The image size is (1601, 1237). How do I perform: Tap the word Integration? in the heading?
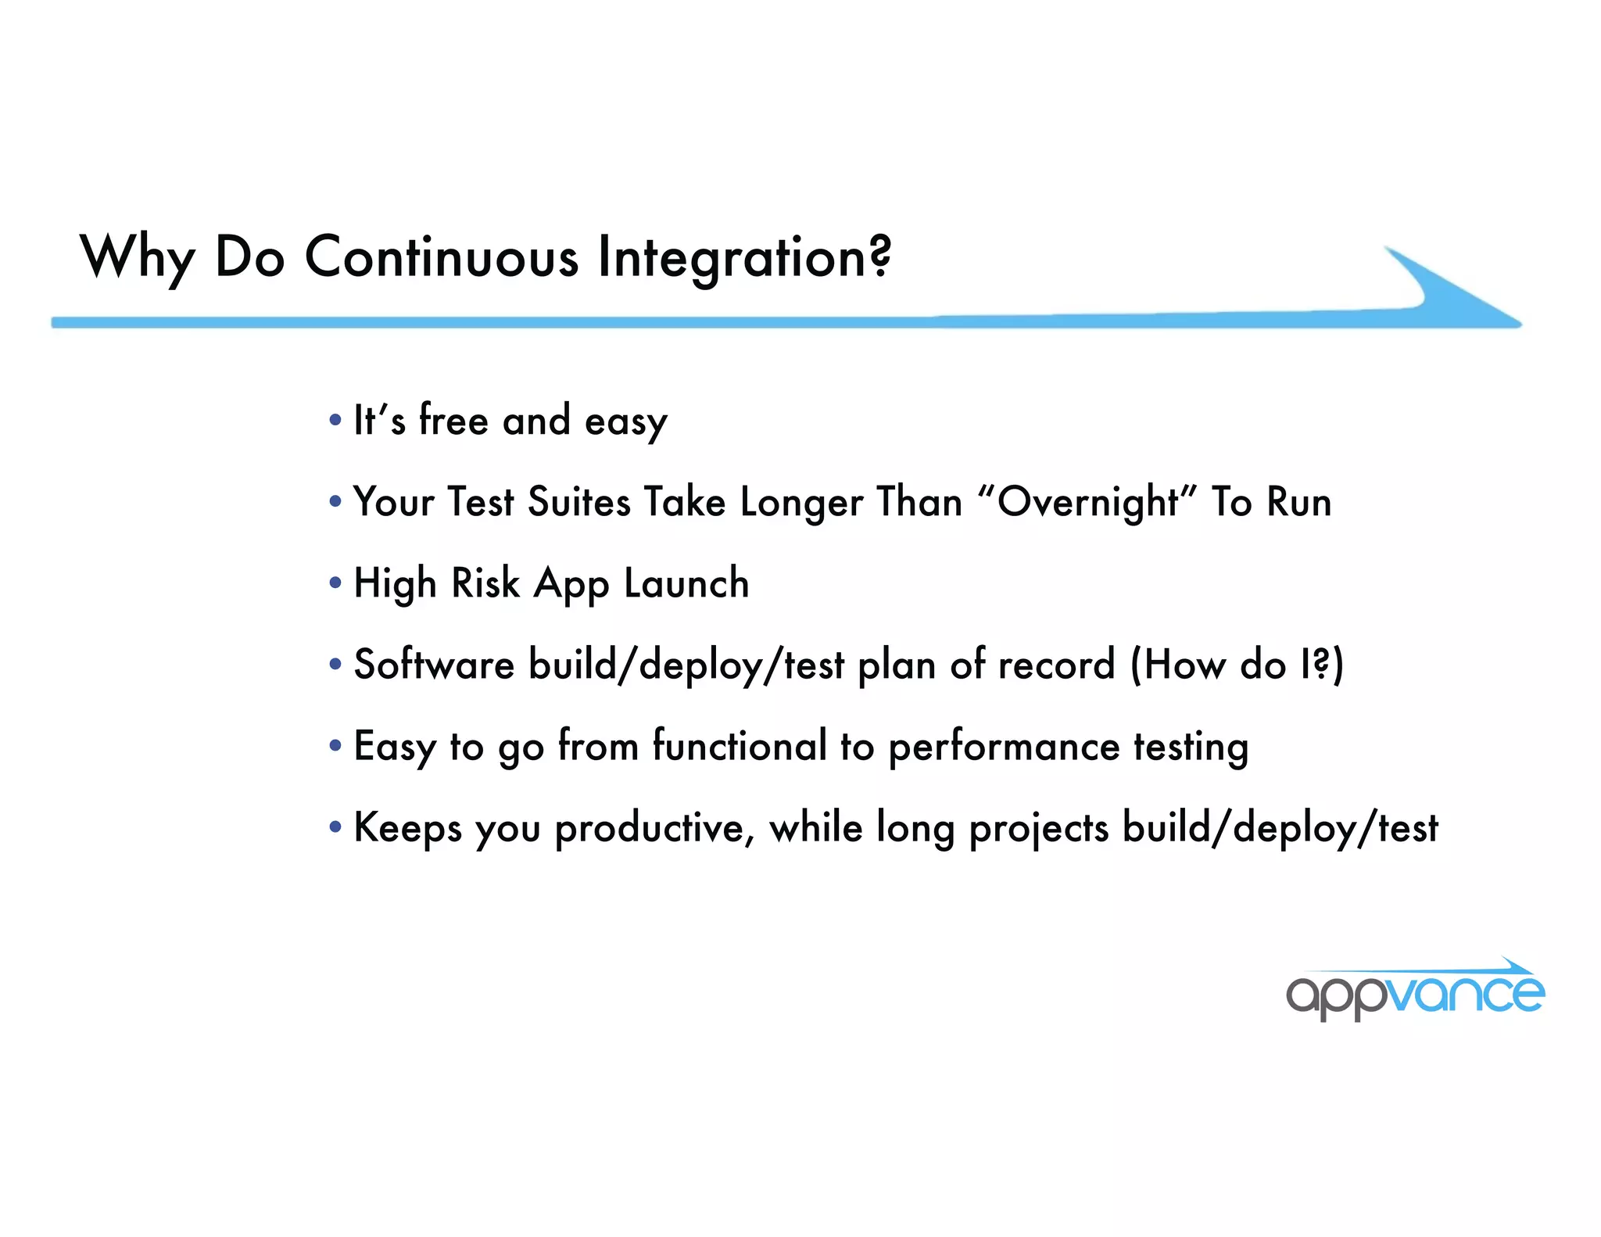(743, 258)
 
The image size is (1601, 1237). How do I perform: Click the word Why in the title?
(137, 258)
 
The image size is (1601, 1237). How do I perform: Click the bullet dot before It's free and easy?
(335, 421)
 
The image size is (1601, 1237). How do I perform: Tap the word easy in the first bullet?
(625, 422)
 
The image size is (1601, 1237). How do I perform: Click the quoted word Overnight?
(1087, 502)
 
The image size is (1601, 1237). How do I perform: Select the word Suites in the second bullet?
(578, 502)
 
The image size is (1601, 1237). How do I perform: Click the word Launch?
(686, 583)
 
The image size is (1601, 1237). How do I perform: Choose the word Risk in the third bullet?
(485, 583)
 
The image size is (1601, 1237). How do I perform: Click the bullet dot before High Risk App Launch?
(335, 583)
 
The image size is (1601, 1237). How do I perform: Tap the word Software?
(434, 665)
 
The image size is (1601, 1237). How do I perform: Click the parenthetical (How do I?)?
(1236, 665)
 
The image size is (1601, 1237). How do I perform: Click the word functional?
(740, 746)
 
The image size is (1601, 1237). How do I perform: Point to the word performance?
(1004, 748)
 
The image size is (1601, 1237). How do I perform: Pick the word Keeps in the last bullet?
(407, 829)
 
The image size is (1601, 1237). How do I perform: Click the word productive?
(654, 829)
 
